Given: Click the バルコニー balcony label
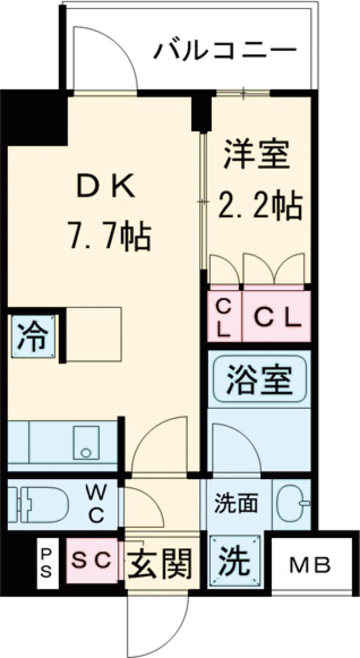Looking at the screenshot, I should click(x=225, y=51).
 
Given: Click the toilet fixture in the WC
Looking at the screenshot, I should click(x=42, y=504).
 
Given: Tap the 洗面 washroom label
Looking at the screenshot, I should click(x=236, y=504).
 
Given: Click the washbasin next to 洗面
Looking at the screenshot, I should click(x=293, y=503).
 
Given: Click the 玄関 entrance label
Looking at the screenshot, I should click(x=160, y=563).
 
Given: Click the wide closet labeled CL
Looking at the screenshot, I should click(x=276, y=316).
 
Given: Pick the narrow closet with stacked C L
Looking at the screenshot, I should click(x=223, y=316).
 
